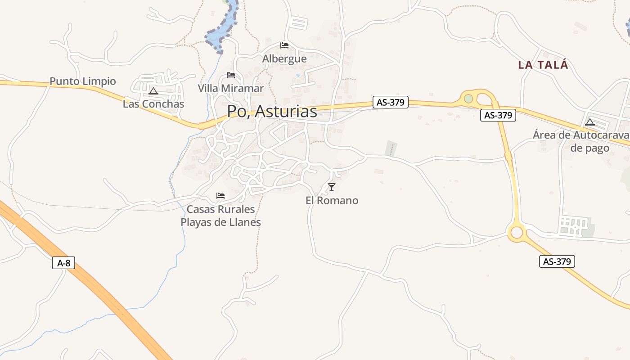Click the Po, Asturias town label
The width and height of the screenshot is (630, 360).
(272, 112)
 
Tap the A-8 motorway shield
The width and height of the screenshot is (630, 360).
(63, 263)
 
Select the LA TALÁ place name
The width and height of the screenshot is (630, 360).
(543, 65)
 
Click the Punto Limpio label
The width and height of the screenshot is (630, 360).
(83, 81)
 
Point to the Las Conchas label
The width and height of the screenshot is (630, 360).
(153, 104)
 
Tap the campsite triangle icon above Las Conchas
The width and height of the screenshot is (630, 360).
(153, 91)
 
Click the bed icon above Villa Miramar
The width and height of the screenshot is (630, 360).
(231, 75)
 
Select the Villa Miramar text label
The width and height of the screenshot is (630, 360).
(231, 89)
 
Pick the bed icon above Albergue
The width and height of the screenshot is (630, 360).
(284, 45)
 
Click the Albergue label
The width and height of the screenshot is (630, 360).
(284, 59)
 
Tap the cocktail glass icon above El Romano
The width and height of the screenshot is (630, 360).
(332, 187)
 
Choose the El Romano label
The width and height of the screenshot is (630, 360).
(332, 201)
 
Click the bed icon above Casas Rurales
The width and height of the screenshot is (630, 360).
(220, 195)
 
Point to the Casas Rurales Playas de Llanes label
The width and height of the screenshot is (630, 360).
(220, 216)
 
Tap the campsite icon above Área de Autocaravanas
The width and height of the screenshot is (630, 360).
(590, 121)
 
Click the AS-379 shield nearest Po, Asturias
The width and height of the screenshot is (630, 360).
(390, 103)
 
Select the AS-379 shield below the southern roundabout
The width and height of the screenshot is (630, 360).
(557, 261)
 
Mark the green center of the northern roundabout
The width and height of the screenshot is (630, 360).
(468, 99)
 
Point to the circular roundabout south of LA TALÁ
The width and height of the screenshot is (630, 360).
(517, 232)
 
